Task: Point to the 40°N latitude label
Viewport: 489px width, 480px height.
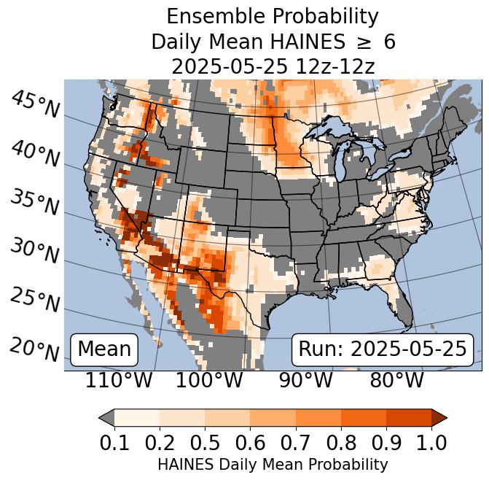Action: coord(35,153)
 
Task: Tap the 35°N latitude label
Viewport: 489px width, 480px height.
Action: coord(35,202)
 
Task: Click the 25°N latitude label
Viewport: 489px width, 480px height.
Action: coord(35,299)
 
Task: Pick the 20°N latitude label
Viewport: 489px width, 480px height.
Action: coord(35,349)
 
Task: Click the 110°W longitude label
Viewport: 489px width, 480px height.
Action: coord(119,380)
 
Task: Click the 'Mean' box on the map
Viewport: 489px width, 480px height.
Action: coord(103,349)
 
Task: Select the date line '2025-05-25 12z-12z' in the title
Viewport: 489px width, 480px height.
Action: coord(273,66)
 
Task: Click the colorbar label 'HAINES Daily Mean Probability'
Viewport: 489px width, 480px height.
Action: coord(273,464)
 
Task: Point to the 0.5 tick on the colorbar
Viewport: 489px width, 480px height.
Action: coord(205,442)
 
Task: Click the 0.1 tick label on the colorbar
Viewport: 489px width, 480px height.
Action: coord(115,442)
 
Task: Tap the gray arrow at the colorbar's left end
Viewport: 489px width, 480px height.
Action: coord(106,417)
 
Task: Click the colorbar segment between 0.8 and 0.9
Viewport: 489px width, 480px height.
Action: coord(363,417)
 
